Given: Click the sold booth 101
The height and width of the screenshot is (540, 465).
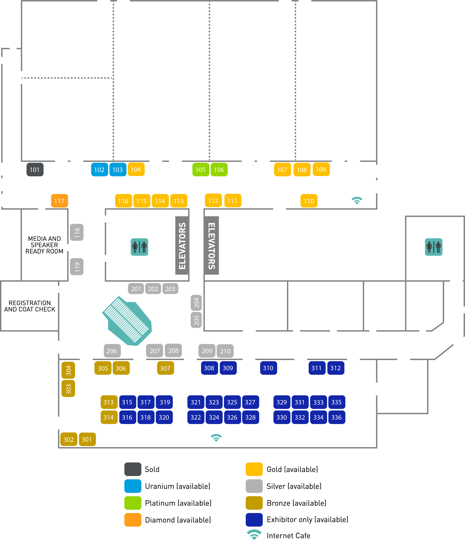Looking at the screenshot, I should click(x=35, y=170).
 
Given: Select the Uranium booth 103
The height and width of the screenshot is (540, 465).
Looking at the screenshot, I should click(x=118, y=170).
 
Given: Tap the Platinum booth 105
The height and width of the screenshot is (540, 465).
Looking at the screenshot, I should click(x=201, y=170).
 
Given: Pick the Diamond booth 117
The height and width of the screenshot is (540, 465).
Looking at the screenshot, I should click(x=59, y=201).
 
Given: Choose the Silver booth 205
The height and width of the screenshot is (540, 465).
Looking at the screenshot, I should click(x=196, y=320).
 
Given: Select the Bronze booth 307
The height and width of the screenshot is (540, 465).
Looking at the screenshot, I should click(x=165, y=368).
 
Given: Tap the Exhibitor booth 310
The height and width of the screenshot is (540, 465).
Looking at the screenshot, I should click(x=268, y=368).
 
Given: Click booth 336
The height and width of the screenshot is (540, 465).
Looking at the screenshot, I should click(x=337, y=417).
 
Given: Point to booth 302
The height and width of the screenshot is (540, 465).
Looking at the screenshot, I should click(x=69, y=439).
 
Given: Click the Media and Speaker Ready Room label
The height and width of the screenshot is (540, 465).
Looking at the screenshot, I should click(x=44, y=245).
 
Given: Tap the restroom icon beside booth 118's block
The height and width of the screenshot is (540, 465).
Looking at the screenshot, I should click(x=139, y=247).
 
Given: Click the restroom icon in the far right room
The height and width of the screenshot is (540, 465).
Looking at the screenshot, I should click(x=433, y=247).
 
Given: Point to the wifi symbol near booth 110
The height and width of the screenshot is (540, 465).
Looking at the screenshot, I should click(x=357, y=201).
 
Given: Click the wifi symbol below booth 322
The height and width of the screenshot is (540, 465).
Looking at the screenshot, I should click(x=216, y=438).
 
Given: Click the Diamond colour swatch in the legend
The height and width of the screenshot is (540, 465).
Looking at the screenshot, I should click(x=133, y=520).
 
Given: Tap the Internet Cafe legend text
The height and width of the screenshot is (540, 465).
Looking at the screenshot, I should click(x=288, y=536).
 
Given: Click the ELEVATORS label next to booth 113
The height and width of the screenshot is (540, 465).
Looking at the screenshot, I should click(x=182, y=245).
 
